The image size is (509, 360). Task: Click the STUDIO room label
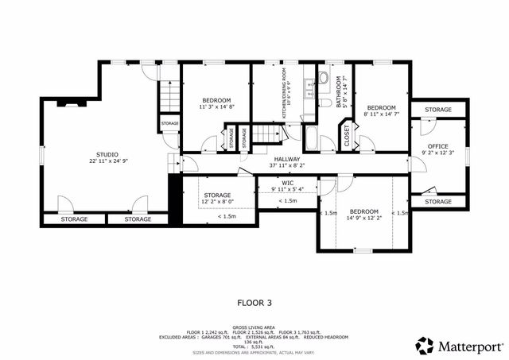coord(107,154)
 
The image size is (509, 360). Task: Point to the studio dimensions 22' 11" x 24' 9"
coord(107,161)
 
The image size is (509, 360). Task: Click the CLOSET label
coord(347,136)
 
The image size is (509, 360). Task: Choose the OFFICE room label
coord(438,146)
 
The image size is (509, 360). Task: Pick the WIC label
coord(288,182)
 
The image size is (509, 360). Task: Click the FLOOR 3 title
coord(254,302)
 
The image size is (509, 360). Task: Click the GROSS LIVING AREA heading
coord(254,327)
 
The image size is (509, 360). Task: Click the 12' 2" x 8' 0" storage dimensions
coord(216,202)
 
